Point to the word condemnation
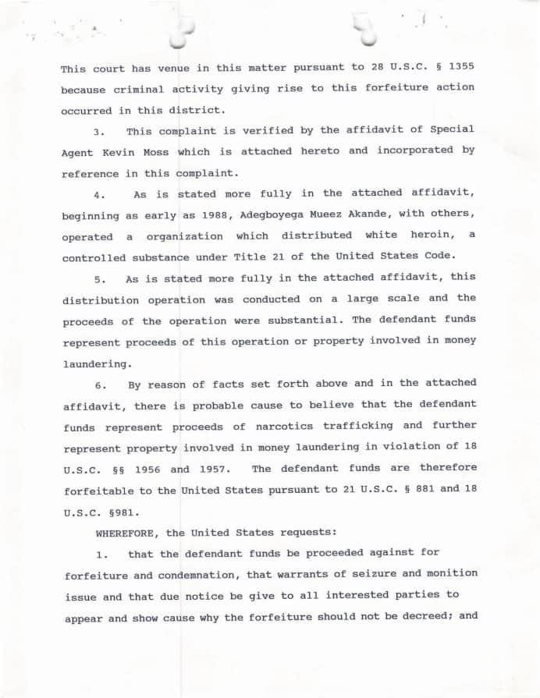point(215,575)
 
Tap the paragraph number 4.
point(98,194)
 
